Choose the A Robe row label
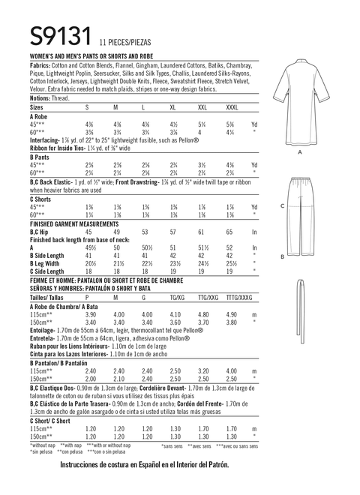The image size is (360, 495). (x=39, y=118)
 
